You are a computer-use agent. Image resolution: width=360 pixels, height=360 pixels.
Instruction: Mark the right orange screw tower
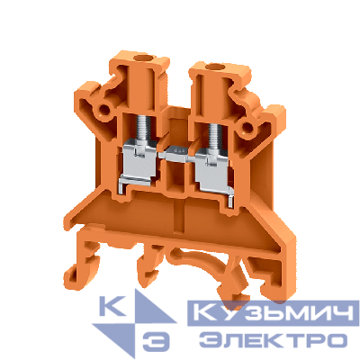pyautogui.click(x=216, y=90)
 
